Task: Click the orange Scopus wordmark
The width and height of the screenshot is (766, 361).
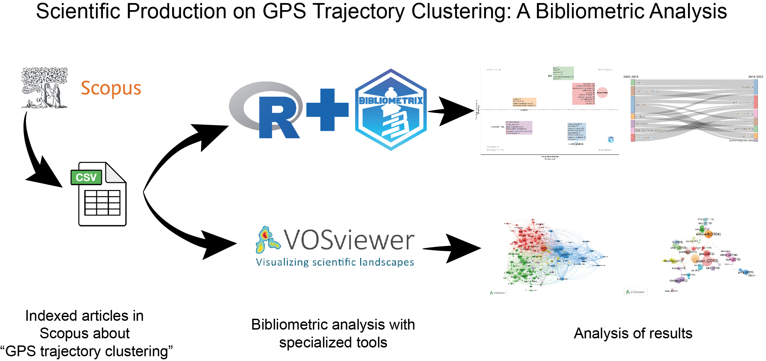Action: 111,89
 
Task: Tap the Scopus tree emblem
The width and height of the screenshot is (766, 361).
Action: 45,87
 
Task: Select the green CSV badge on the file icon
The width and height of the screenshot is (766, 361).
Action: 86,177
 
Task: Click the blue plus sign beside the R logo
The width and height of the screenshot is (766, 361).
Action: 327,110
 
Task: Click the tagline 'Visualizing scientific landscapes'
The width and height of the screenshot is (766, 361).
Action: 335,262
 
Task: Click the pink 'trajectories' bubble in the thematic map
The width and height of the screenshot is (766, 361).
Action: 602,92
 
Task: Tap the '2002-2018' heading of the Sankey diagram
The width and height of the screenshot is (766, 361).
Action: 630,77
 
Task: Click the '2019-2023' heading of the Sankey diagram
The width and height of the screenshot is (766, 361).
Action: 755,77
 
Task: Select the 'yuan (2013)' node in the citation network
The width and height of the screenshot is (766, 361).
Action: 707,261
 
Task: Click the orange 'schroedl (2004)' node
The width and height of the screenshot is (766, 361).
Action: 708,234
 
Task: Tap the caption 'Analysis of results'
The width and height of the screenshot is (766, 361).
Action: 633,333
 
